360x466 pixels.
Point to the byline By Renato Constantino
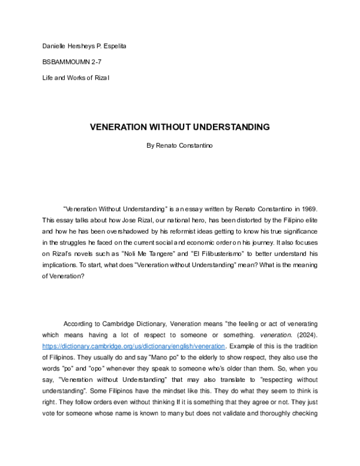pos(179,144)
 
